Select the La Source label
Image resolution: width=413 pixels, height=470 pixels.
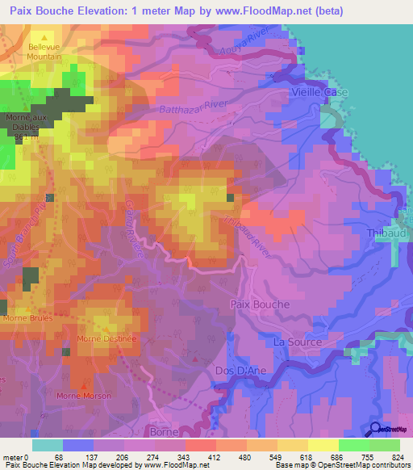coord(298,342)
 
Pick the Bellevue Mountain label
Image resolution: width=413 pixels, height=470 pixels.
coord(45,52)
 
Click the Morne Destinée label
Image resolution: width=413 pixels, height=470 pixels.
coord(106,338)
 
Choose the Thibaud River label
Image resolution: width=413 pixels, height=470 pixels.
coord(240,227)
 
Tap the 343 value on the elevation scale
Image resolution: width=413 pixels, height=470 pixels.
coord(185,457)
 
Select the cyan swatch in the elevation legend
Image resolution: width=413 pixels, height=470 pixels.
coord(48,445)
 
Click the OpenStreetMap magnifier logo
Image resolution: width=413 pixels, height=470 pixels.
coord(375,429)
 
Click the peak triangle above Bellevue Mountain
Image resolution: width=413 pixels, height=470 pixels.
coord(45,37)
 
